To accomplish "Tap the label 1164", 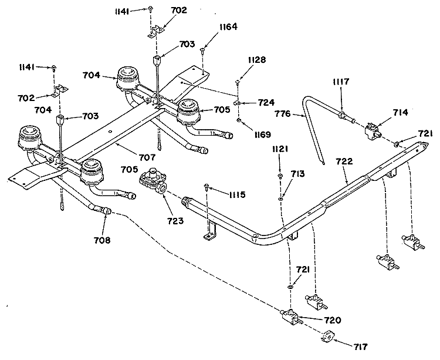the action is [228, 26].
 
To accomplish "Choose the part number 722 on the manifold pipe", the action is [344, 162].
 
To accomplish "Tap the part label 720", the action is [333, 320].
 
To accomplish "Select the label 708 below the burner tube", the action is [102, 240].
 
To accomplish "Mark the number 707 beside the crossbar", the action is [147, 157].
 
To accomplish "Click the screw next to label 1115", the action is [207, 186].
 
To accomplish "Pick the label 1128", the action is [257, 60].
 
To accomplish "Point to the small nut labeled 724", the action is [237, 103].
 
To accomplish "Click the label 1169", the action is [263, 134].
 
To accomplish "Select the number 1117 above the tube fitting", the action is [341, 82].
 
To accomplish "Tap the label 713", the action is [297, 174].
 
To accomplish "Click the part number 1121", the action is [280, 149].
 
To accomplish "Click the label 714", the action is [400, 112].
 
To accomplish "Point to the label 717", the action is [360, 347].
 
